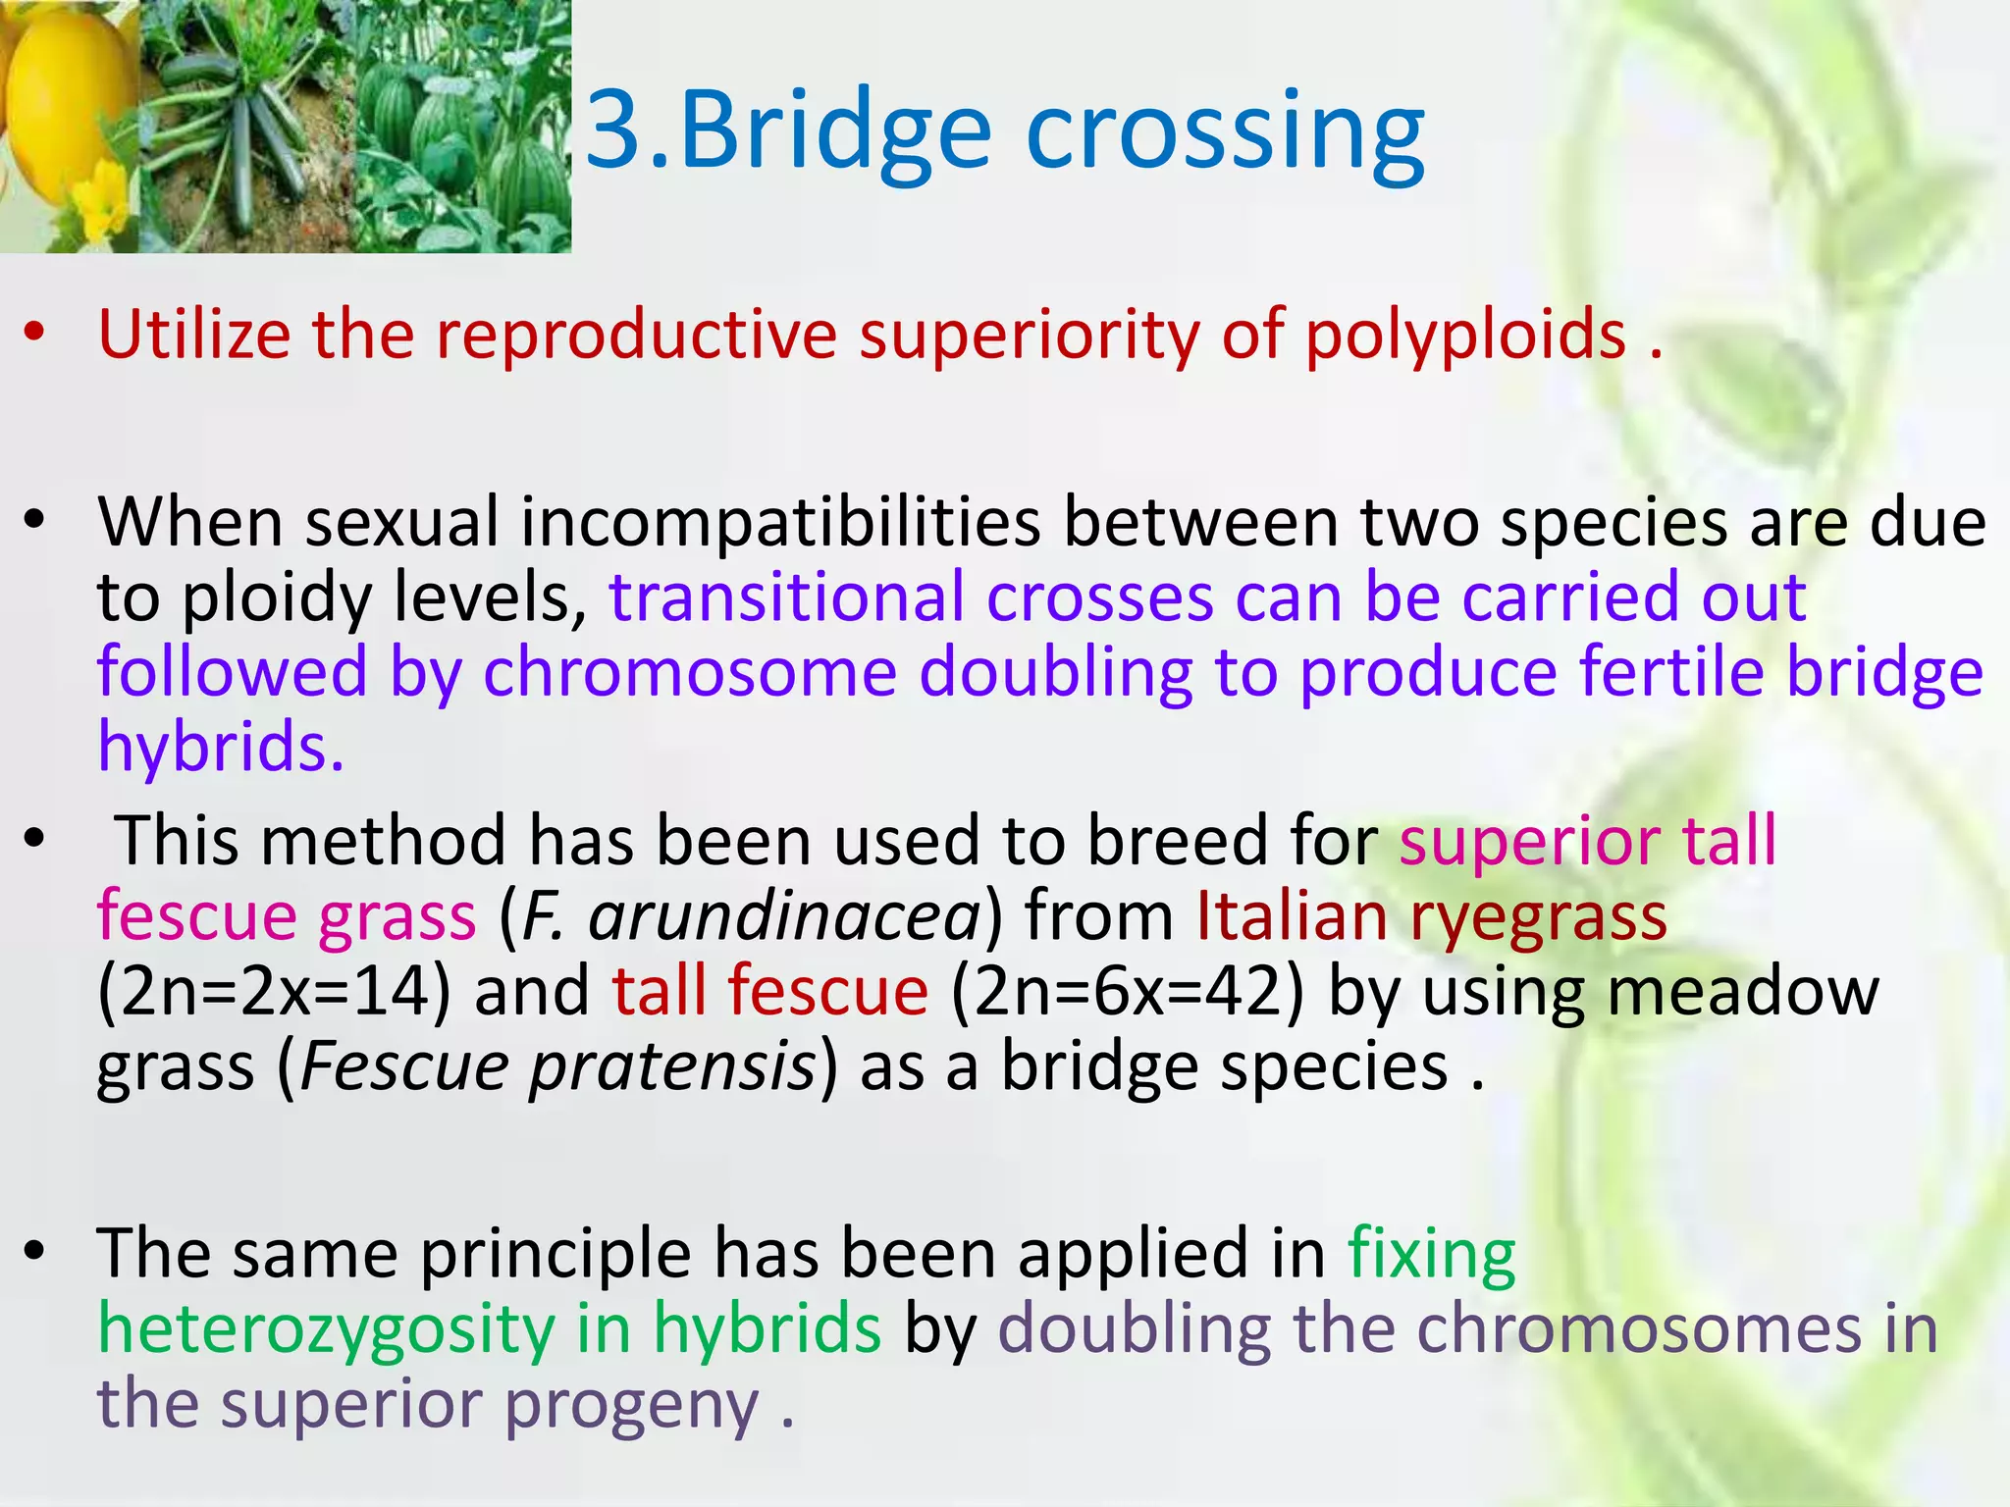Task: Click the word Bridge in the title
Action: click(x=834, y=132)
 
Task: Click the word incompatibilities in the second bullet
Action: click(x=780, y=523)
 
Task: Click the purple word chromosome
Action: click(x=690, y=674)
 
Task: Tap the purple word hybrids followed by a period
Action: click(x=221, y=748)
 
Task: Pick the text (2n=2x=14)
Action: click(x=275, y=992)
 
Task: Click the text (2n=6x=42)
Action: click(x=1129, y=992)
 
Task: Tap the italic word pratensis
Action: click(x=672, y=1067)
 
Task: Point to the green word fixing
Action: click(x=1431, y=1257)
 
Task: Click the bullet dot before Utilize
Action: click(x=35, y=335)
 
